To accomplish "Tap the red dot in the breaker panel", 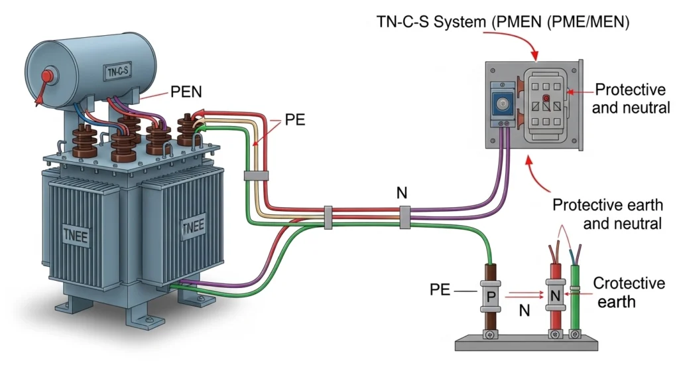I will tap(546, 99).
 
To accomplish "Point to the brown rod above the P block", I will tap(491, 273).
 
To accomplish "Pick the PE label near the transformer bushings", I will tap(296, 121).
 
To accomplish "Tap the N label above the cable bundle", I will tap(402, 193).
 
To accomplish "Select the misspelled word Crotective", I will tap(629, 283).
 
